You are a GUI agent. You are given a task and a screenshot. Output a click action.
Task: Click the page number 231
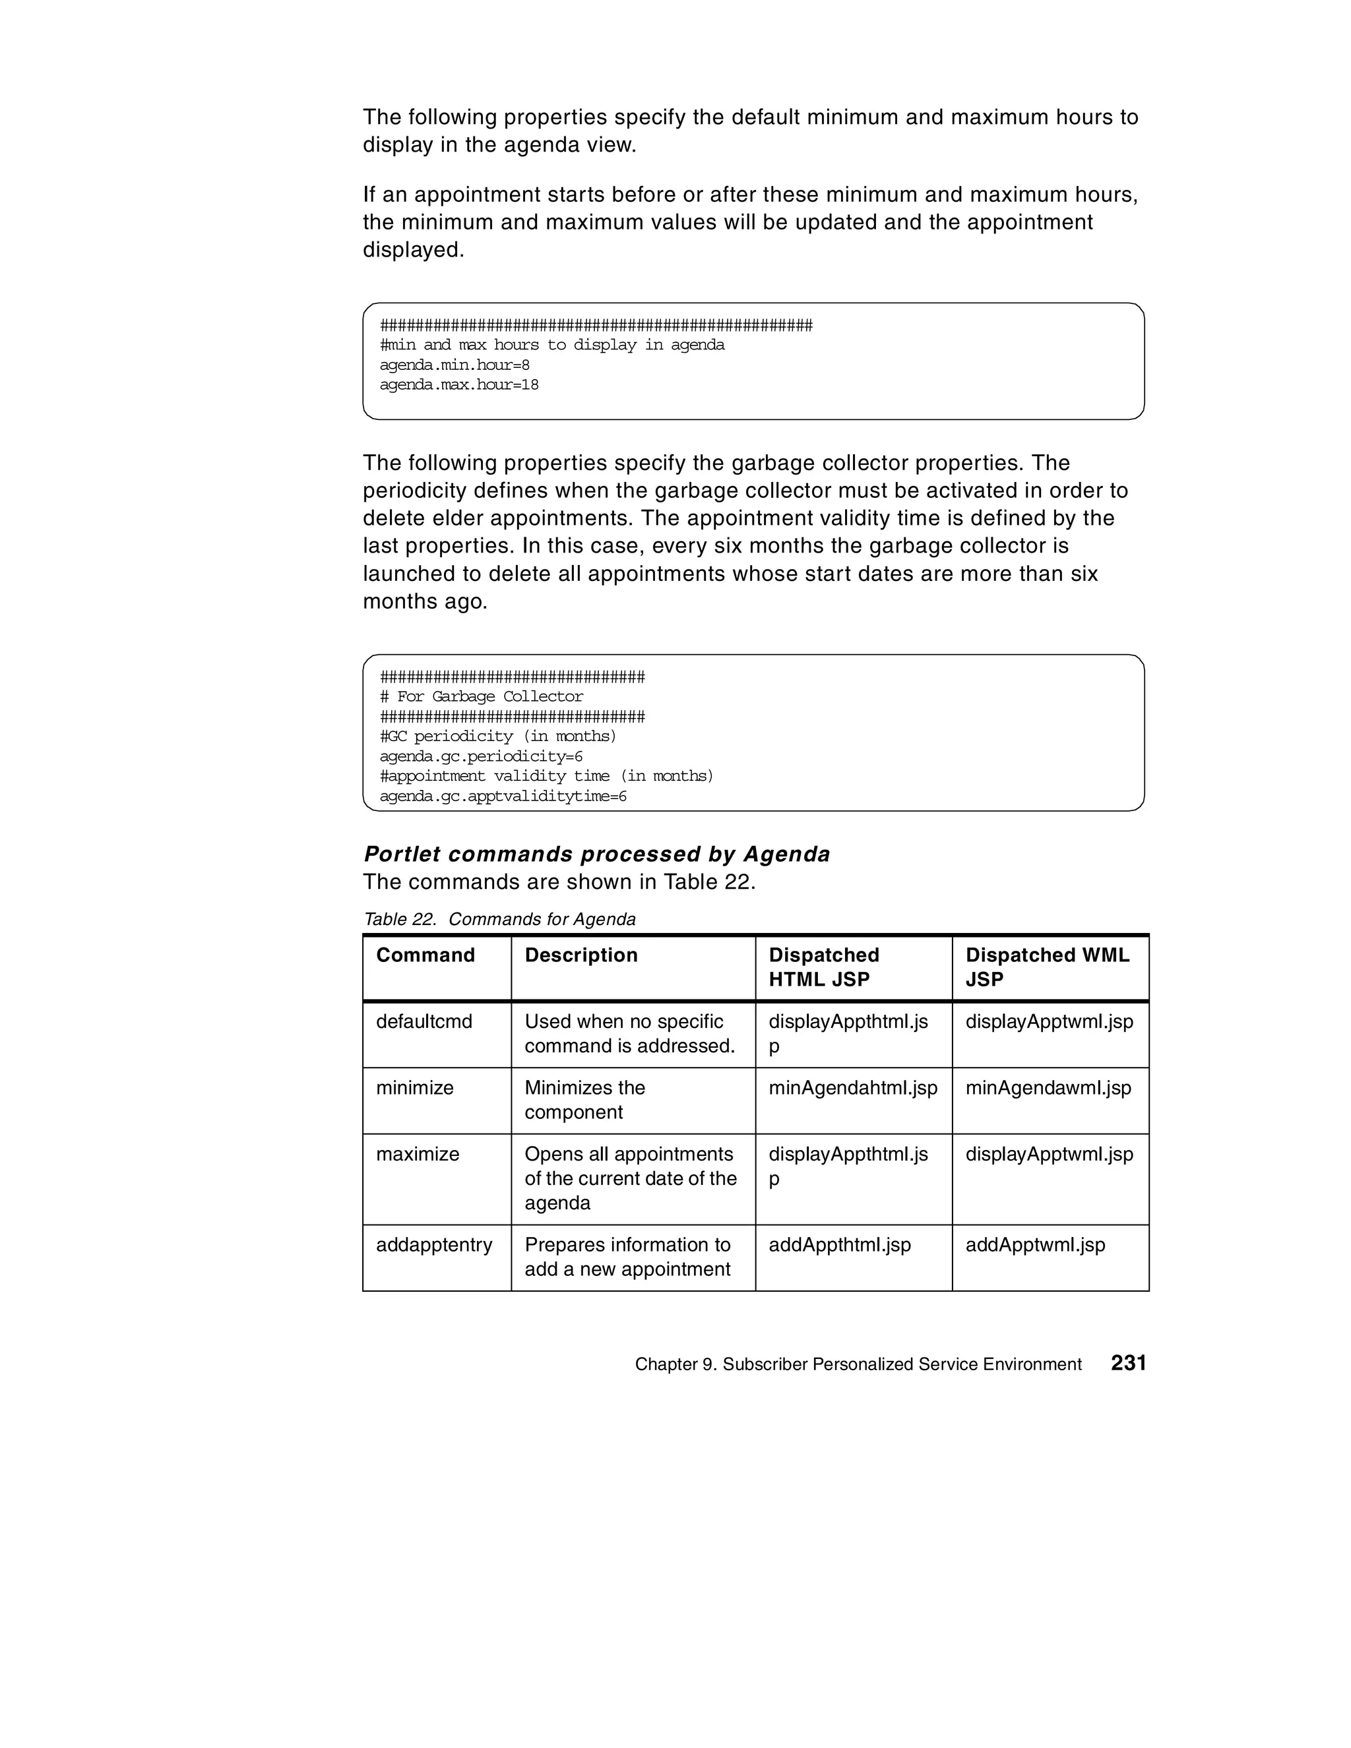pyautogui.click(x=1127, y=1363)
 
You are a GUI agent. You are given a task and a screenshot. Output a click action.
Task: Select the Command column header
pyautogui.click(x=425, y=955)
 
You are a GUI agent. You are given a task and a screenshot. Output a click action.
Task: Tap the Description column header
pyautogui.click(x=581, y=955)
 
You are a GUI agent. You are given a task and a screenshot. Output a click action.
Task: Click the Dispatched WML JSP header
pyautogui.click(x=1047, y=967)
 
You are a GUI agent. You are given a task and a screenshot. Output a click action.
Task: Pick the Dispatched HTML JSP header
pyautogui.click(x=823, y=967)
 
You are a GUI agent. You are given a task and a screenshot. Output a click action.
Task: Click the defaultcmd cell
pyautogui.click(x=424, y=1021)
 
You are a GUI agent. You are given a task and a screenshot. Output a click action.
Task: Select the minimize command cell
pyautogui.click(x=415, y=1088)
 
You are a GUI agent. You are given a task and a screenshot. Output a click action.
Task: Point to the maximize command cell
pyautogui.click(x=417, y=1154)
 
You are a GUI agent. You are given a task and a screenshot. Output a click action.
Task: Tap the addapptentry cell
pyautogui.click(x=434, y=1245)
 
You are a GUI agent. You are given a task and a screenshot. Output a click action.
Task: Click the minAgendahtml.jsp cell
pyautogui.click(x=852, y=1088)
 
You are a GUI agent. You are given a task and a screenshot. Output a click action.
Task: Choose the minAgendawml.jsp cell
pyautogui.click(x=1048, y=1088)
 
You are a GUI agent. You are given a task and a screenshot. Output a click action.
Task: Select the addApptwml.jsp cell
pyautogui.click(x=1034, y=1245)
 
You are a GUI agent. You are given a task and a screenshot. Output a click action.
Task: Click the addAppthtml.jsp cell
pyautogui.click(x=839, y=1245)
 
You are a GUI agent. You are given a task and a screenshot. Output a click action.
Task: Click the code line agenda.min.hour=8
pyautogui.click(x=454, y=365)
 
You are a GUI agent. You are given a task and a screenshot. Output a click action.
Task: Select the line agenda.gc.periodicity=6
pyautogui.click(x=480, y=756)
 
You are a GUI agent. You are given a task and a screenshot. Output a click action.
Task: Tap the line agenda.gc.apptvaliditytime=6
pyautogui.click(x=502, y=797)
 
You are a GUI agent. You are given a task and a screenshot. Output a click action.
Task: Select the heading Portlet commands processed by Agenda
pyautogui.click(x=596, y=854)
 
